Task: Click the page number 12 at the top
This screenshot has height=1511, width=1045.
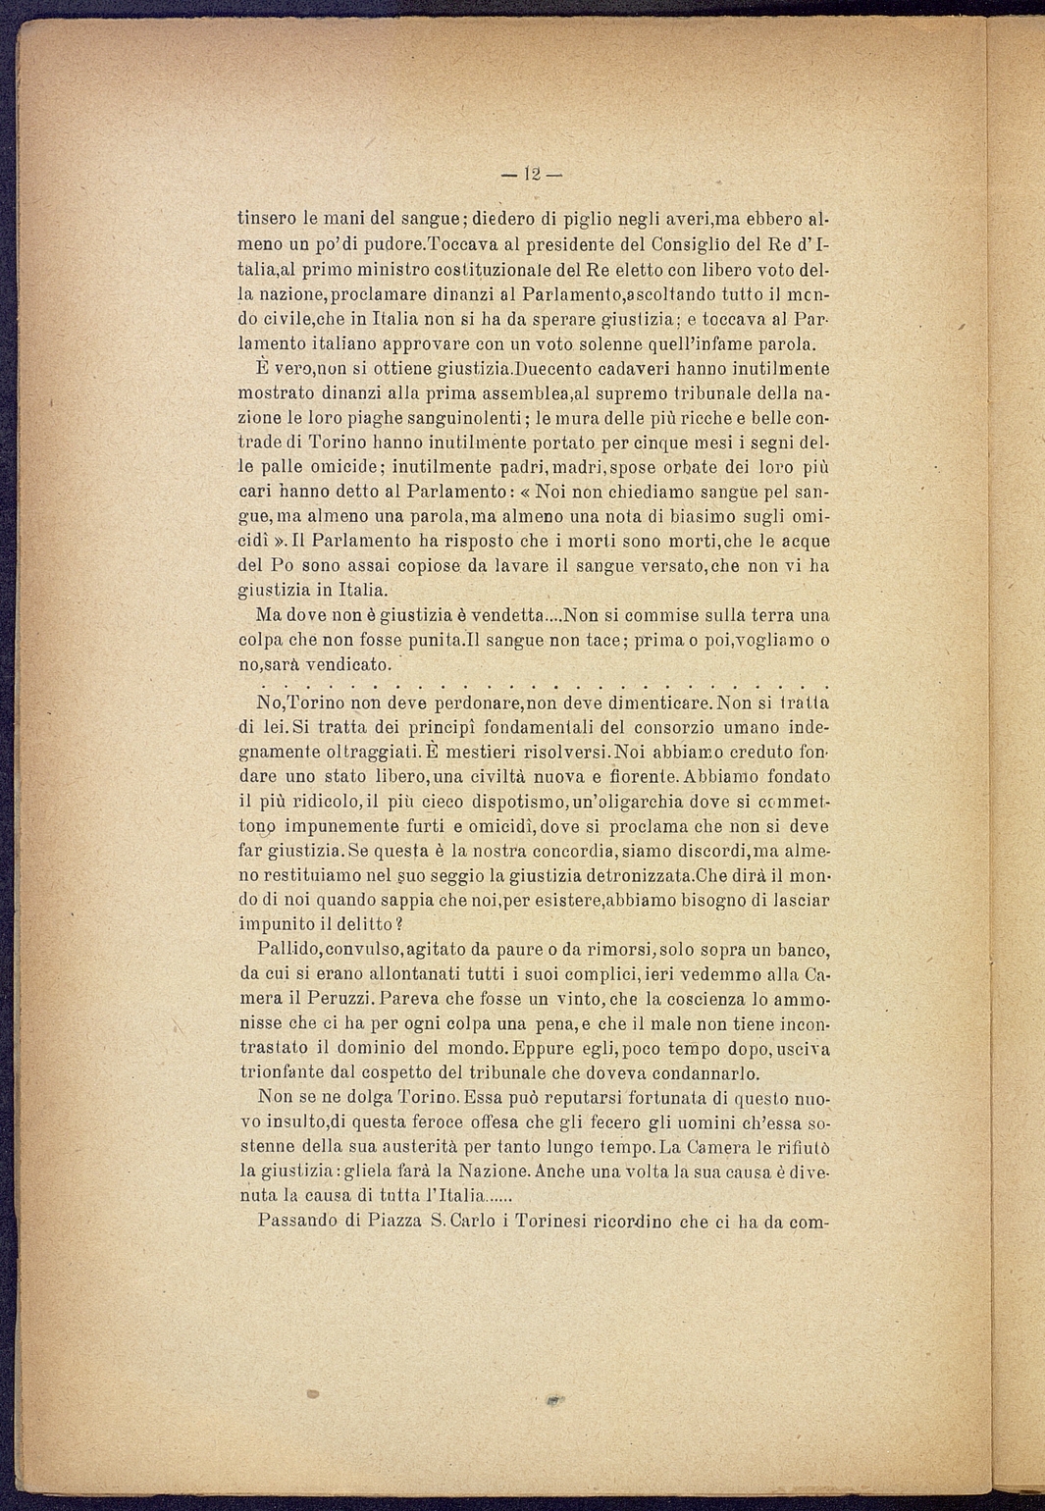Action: point(531,175)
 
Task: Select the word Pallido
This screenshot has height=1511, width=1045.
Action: point(287,950)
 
